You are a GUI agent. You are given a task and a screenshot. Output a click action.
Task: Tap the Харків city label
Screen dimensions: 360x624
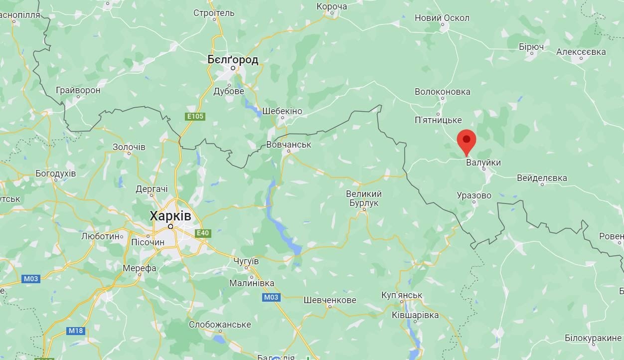170,216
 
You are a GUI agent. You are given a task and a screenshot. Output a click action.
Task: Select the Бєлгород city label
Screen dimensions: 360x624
233,60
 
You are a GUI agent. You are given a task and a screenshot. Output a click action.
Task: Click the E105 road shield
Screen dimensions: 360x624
195,117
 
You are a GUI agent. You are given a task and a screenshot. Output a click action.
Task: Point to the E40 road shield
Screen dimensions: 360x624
203,233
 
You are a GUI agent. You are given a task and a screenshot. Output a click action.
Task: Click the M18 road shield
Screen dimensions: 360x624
76,331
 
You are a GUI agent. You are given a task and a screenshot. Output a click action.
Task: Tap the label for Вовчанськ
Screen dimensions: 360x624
289,145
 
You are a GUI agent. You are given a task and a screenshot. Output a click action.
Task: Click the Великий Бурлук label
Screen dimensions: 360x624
364,198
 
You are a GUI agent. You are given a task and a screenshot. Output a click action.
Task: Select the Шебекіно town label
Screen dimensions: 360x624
282,111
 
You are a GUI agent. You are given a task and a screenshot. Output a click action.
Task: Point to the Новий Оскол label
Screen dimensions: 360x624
442,18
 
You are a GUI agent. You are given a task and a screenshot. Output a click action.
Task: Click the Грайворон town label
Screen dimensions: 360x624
78,90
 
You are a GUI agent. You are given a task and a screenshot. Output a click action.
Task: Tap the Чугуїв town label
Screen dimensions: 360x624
246,261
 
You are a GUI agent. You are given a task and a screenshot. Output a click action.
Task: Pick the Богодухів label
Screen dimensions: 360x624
55,174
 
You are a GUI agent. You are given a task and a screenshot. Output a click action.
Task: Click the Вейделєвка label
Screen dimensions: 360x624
542,178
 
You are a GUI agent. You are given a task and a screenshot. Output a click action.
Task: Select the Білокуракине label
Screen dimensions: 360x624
593,338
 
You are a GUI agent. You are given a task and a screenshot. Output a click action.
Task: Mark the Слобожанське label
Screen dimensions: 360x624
220,325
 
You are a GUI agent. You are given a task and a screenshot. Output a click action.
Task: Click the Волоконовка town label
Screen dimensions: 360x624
442,92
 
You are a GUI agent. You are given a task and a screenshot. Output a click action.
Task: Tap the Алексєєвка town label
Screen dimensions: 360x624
581,52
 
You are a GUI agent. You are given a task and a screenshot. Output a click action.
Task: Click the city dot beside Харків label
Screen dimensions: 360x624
170,226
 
